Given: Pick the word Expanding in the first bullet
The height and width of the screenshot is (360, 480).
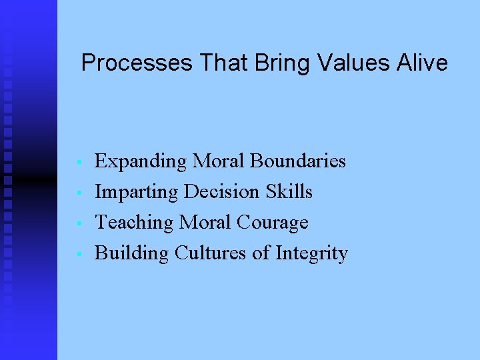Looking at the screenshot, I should pyautogui.click(x=141, y=161).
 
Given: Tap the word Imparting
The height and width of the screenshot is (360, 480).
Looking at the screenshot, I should pyautogui.click(x=137, y=192).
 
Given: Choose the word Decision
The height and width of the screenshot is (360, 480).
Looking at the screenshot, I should pyautogui.click(x=222, y=192).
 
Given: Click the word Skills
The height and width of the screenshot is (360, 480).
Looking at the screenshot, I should pyautogui.click(x=289, y=192).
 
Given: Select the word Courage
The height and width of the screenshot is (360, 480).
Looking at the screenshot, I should pyautogui.click(x=276, y=223).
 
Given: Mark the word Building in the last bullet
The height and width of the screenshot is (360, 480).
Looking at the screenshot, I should pyautogui.click(x=132, y=253).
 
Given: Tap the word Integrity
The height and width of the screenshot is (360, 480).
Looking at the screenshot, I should pyautogui.click(x=311, y=253).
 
